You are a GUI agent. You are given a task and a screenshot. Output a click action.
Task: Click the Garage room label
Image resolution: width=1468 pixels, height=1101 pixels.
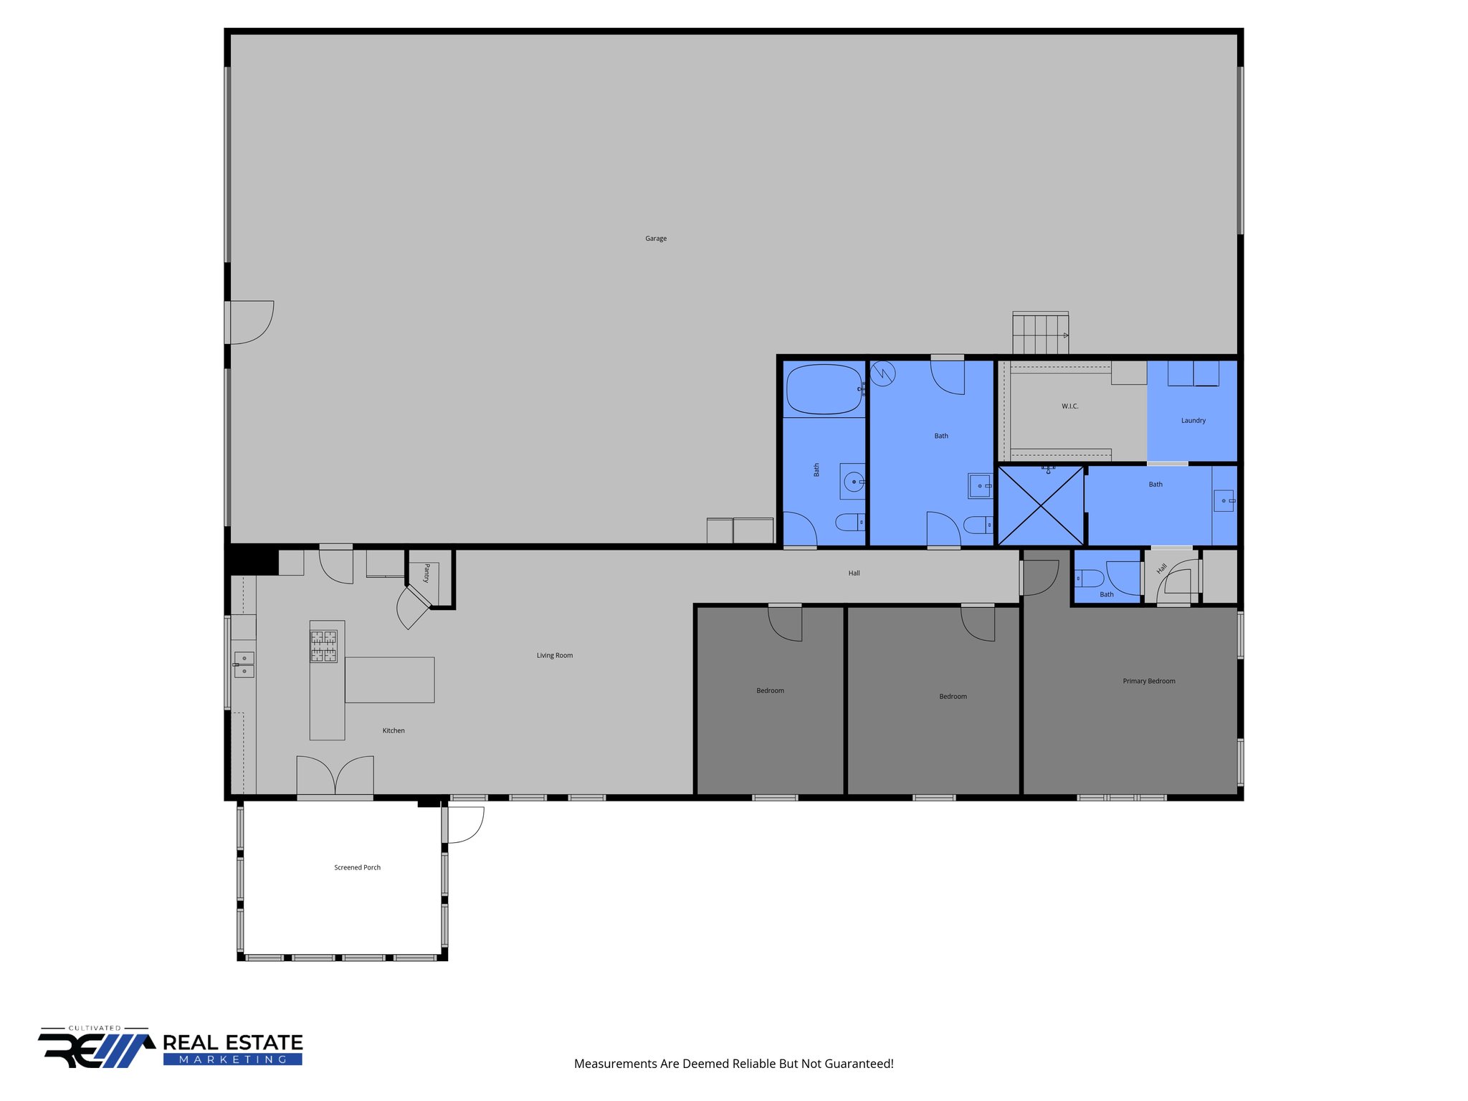point(656,239)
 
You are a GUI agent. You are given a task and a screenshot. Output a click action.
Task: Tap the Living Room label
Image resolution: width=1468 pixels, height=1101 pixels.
point(555,656)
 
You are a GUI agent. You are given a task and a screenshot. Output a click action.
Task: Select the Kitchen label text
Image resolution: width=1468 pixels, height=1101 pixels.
point(394,731)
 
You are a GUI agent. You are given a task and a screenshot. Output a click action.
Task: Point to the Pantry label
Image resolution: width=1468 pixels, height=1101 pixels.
point(426,573)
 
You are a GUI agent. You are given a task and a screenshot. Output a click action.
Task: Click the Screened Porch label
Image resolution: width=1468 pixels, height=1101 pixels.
point(357,868)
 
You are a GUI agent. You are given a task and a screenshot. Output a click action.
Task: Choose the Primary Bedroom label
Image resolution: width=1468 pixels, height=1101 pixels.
point(1149,682)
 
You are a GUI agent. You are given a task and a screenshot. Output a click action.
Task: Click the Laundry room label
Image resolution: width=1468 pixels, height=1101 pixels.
point(1193,421)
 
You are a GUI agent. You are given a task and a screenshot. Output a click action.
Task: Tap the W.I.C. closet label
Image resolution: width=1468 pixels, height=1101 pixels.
point(1070,406)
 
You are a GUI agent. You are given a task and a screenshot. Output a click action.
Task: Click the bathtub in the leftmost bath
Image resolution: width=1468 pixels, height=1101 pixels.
point(824,389)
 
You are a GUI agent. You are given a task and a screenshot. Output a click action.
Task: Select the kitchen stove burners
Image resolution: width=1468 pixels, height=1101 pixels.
point(323,646)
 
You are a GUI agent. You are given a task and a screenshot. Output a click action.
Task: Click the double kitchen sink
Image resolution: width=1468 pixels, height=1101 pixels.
point(244,664)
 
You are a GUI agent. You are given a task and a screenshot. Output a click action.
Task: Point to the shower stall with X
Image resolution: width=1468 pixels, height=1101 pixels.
point(1041,505)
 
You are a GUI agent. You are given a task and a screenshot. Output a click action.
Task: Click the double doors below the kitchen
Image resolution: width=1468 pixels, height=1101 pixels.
point(335,776)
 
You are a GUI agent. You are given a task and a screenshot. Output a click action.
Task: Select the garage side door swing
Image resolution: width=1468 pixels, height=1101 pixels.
point(251,322)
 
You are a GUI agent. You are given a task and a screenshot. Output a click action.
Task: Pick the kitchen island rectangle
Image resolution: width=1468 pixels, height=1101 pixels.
point(389,680)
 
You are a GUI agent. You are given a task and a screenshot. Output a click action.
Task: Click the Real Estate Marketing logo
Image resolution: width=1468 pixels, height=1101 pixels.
point(171,1049)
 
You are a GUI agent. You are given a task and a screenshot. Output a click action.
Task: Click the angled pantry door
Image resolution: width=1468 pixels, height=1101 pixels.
point(414,606)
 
